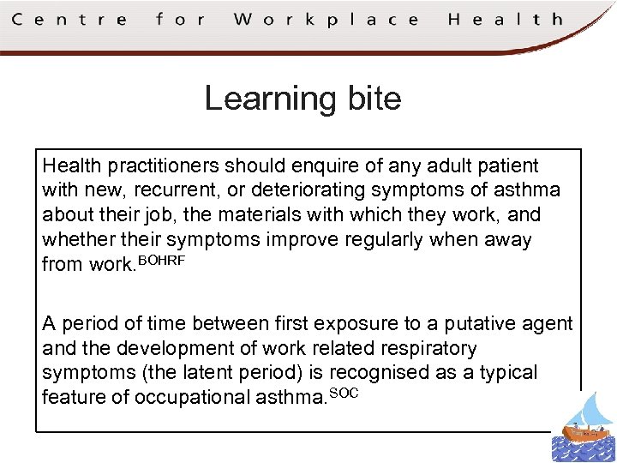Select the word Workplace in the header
pos(326,19)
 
